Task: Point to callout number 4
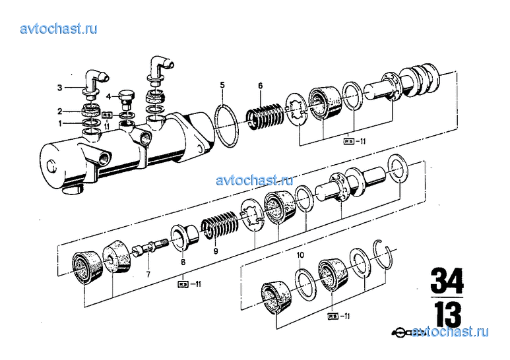[108, 96]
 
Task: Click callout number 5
[223, 85]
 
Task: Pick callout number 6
[261, 86]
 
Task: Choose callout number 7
[148, 274]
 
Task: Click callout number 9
[215, 251]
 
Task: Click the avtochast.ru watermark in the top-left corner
[59, 28]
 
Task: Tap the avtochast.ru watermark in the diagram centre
[254, 179]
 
